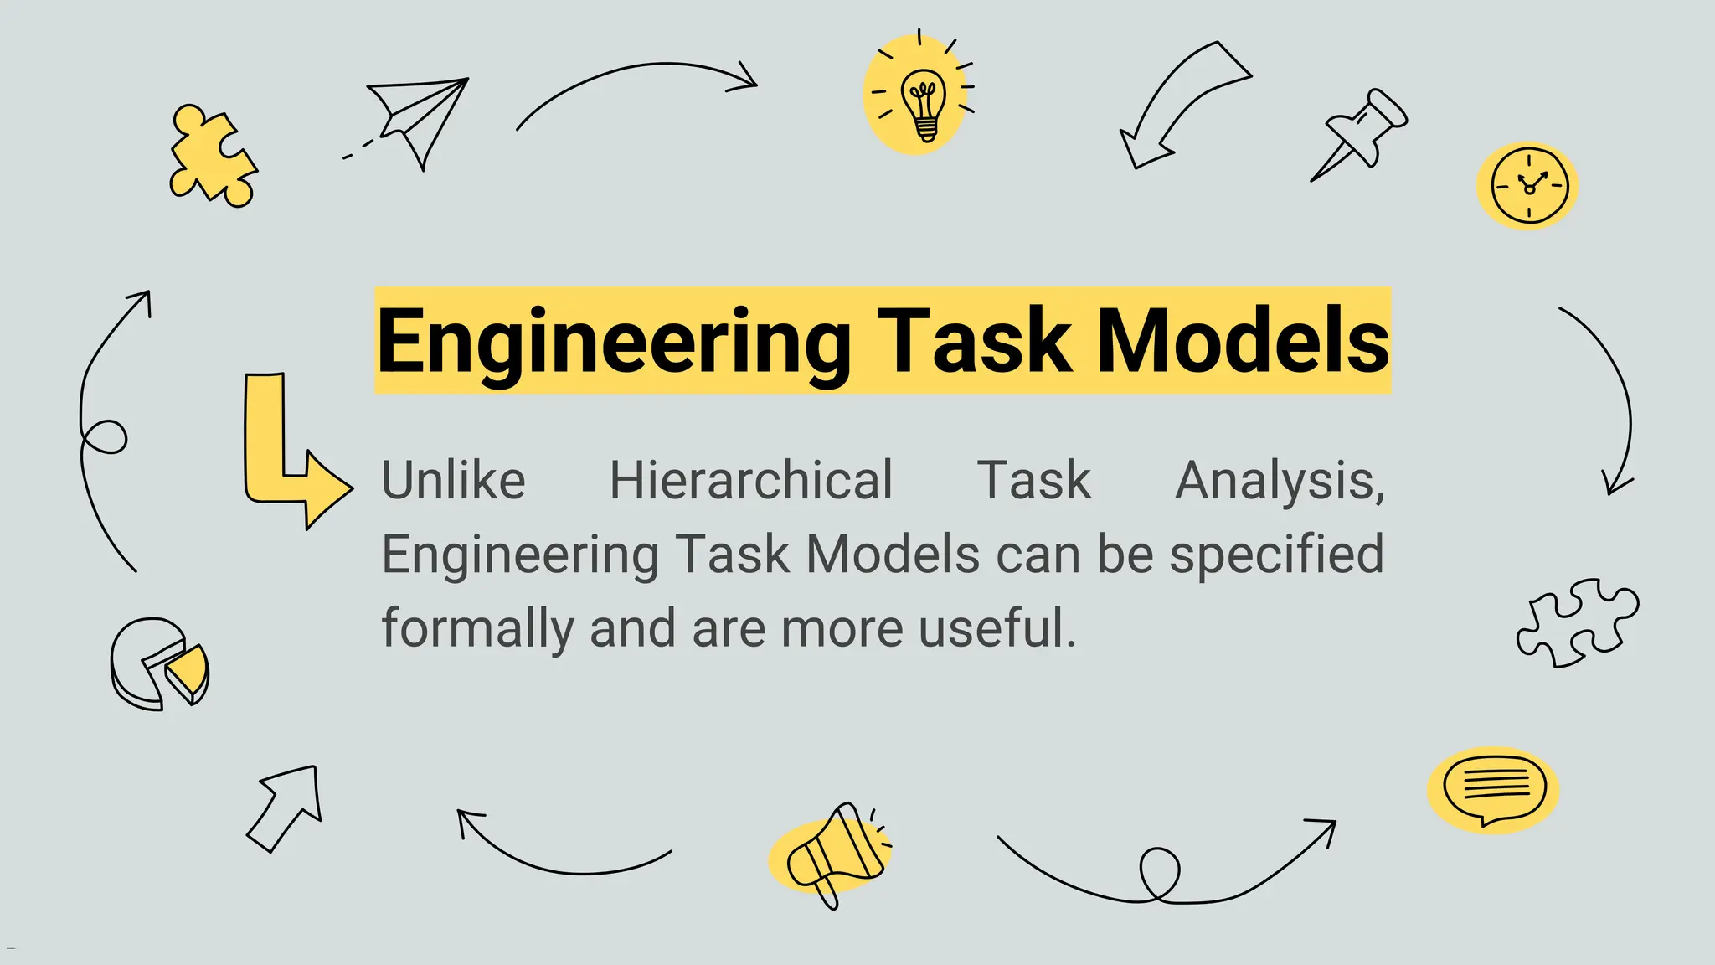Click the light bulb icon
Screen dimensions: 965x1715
(924, 104)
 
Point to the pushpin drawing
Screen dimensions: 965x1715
(1361, 132)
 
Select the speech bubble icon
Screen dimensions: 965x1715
(1494, 788)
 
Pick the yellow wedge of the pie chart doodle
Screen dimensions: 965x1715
(188, 671)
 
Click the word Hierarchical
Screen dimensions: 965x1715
(751, 481)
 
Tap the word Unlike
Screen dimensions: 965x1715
(453, 481)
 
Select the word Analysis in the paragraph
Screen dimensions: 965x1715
(1280, 482)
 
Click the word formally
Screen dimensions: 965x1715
(478, 628)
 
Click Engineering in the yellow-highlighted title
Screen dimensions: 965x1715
(613, 342)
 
